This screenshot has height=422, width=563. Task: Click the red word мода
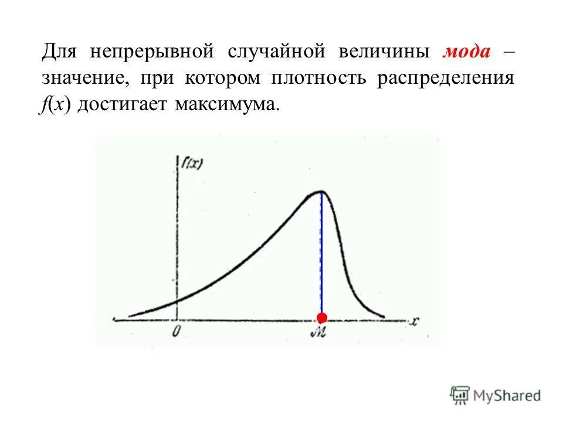[x=466, y=52]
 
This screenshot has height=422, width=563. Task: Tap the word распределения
[x=446, y=79]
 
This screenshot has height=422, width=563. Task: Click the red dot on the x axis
[x=321, y=318]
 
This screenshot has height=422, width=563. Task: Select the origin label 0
[x=176, y=332]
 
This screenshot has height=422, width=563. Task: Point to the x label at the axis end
[x=415, y=321]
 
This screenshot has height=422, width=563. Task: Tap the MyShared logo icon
[x=460, y=396]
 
